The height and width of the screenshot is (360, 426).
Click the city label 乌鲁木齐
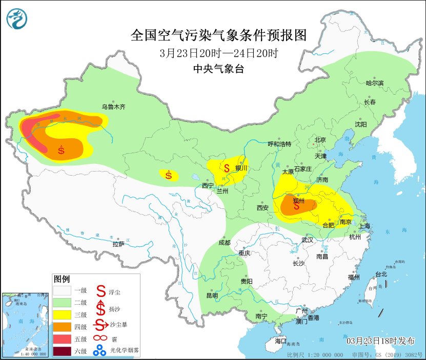[x=113, y=107]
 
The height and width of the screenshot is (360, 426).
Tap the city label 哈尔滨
[x=374, y=82]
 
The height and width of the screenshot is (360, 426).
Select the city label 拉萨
[x=118, y=244]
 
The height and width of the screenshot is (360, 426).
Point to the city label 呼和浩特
[x=279, y=144]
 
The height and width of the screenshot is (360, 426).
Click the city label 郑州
[x=298, y=201]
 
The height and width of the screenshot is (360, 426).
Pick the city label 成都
[x=224, y=242]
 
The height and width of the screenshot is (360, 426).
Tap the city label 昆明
[x=212, y=295]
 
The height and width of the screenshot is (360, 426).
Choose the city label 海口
[x=280, y=341]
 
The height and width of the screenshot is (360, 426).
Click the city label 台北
[x=381, y=274]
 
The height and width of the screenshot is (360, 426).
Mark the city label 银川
[x=241, y=168]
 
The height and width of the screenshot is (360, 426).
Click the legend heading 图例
[x=62, y=279]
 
